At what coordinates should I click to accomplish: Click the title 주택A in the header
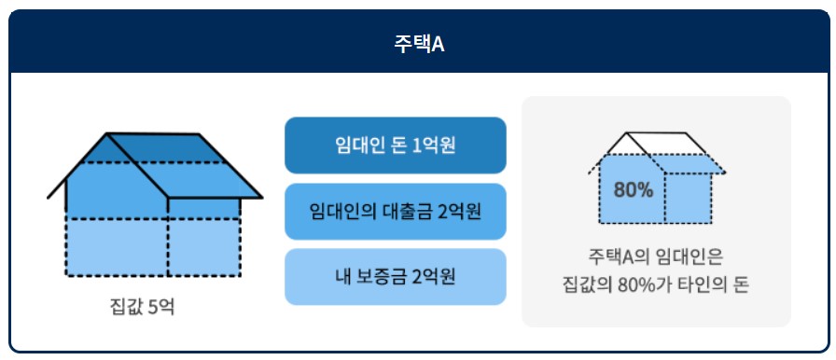[418, 44]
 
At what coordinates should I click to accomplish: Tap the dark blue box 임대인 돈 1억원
[395, 145]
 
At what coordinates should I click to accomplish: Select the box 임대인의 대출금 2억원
[395, 212]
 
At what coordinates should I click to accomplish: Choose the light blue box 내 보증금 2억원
[395, 277]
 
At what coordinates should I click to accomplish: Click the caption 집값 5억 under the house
[142, 305]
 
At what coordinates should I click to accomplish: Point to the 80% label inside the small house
[634, 189]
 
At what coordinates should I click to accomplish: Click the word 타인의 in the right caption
[702, 284]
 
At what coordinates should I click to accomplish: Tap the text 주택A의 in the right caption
[620, 255]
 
